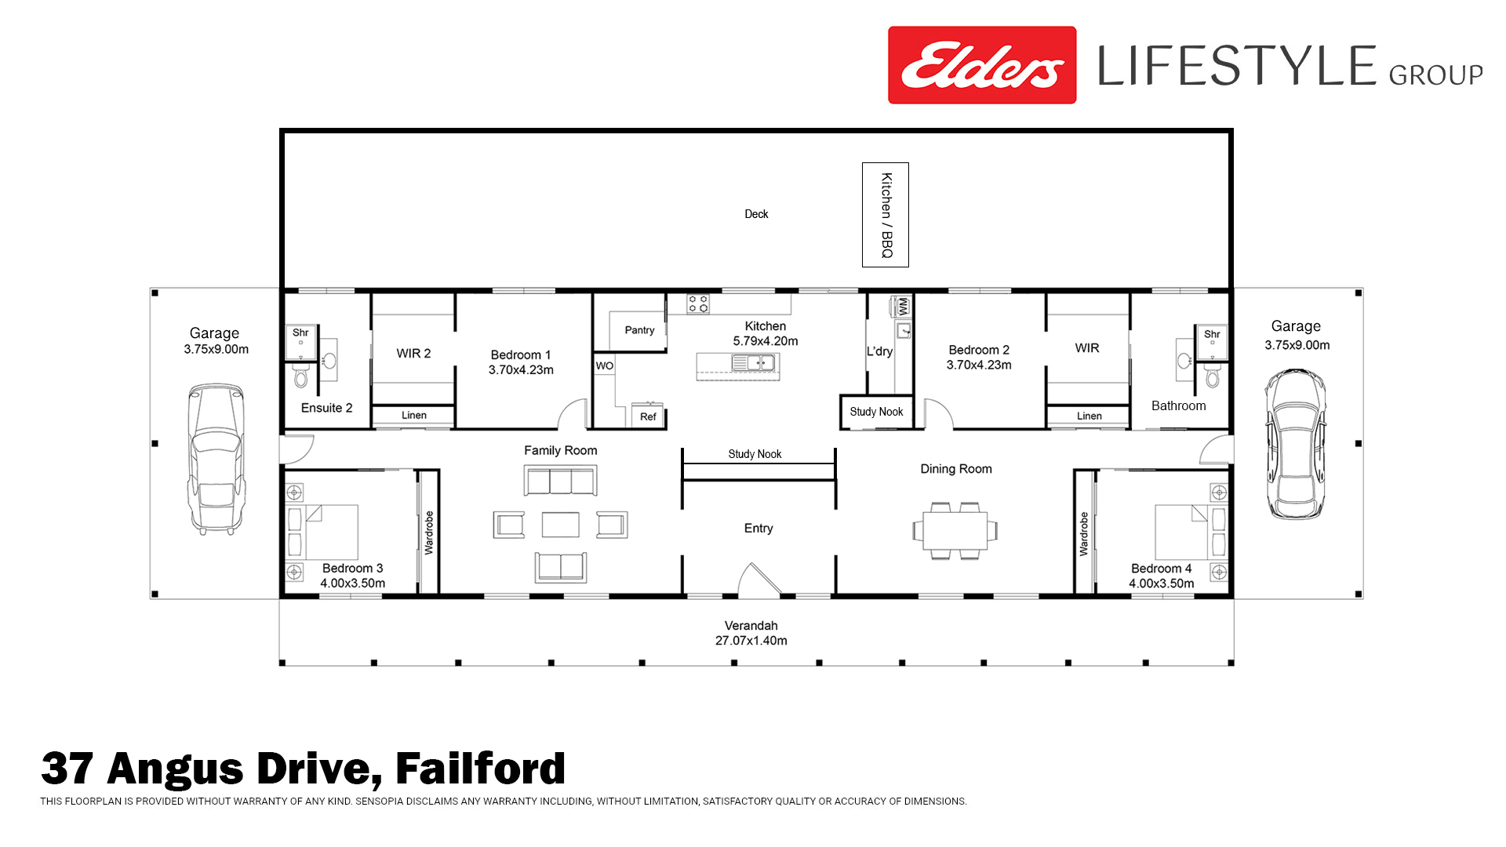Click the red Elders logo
[981, 65]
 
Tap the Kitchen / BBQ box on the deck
[886, 215]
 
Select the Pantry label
[639, 330]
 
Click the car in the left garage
[215, 459]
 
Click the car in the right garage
[1295, 444]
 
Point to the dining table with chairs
[955, 530]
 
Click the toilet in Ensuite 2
[301, 376]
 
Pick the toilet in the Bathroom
[1213, 376]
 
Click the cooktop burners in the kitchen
[698, 304]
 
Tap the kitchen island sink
[753, 362]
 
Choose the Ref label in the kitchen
[648, 416]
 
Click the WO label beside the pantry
[604, 365]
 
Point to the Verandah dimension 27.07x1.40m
[751, 641]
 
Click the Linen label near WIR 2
[414, 415]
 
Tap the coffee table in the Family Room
[561, 525]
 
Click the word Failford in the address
[480, 769]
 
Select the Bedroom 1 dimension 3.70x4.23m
[521, 370]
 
